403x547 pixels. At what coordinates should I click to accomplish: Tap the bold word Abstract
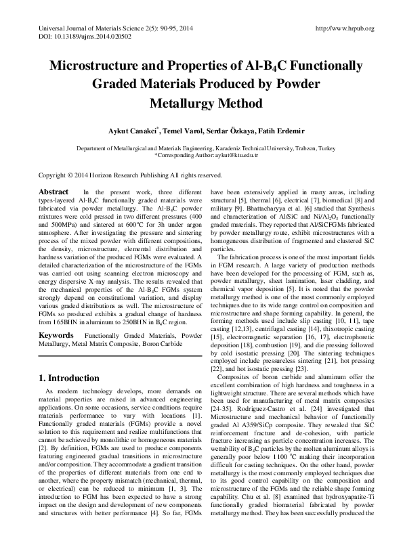(x=54, y=192)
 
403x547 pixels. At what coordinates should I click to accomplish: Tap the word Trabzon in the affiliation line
(x=295, y=148)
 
